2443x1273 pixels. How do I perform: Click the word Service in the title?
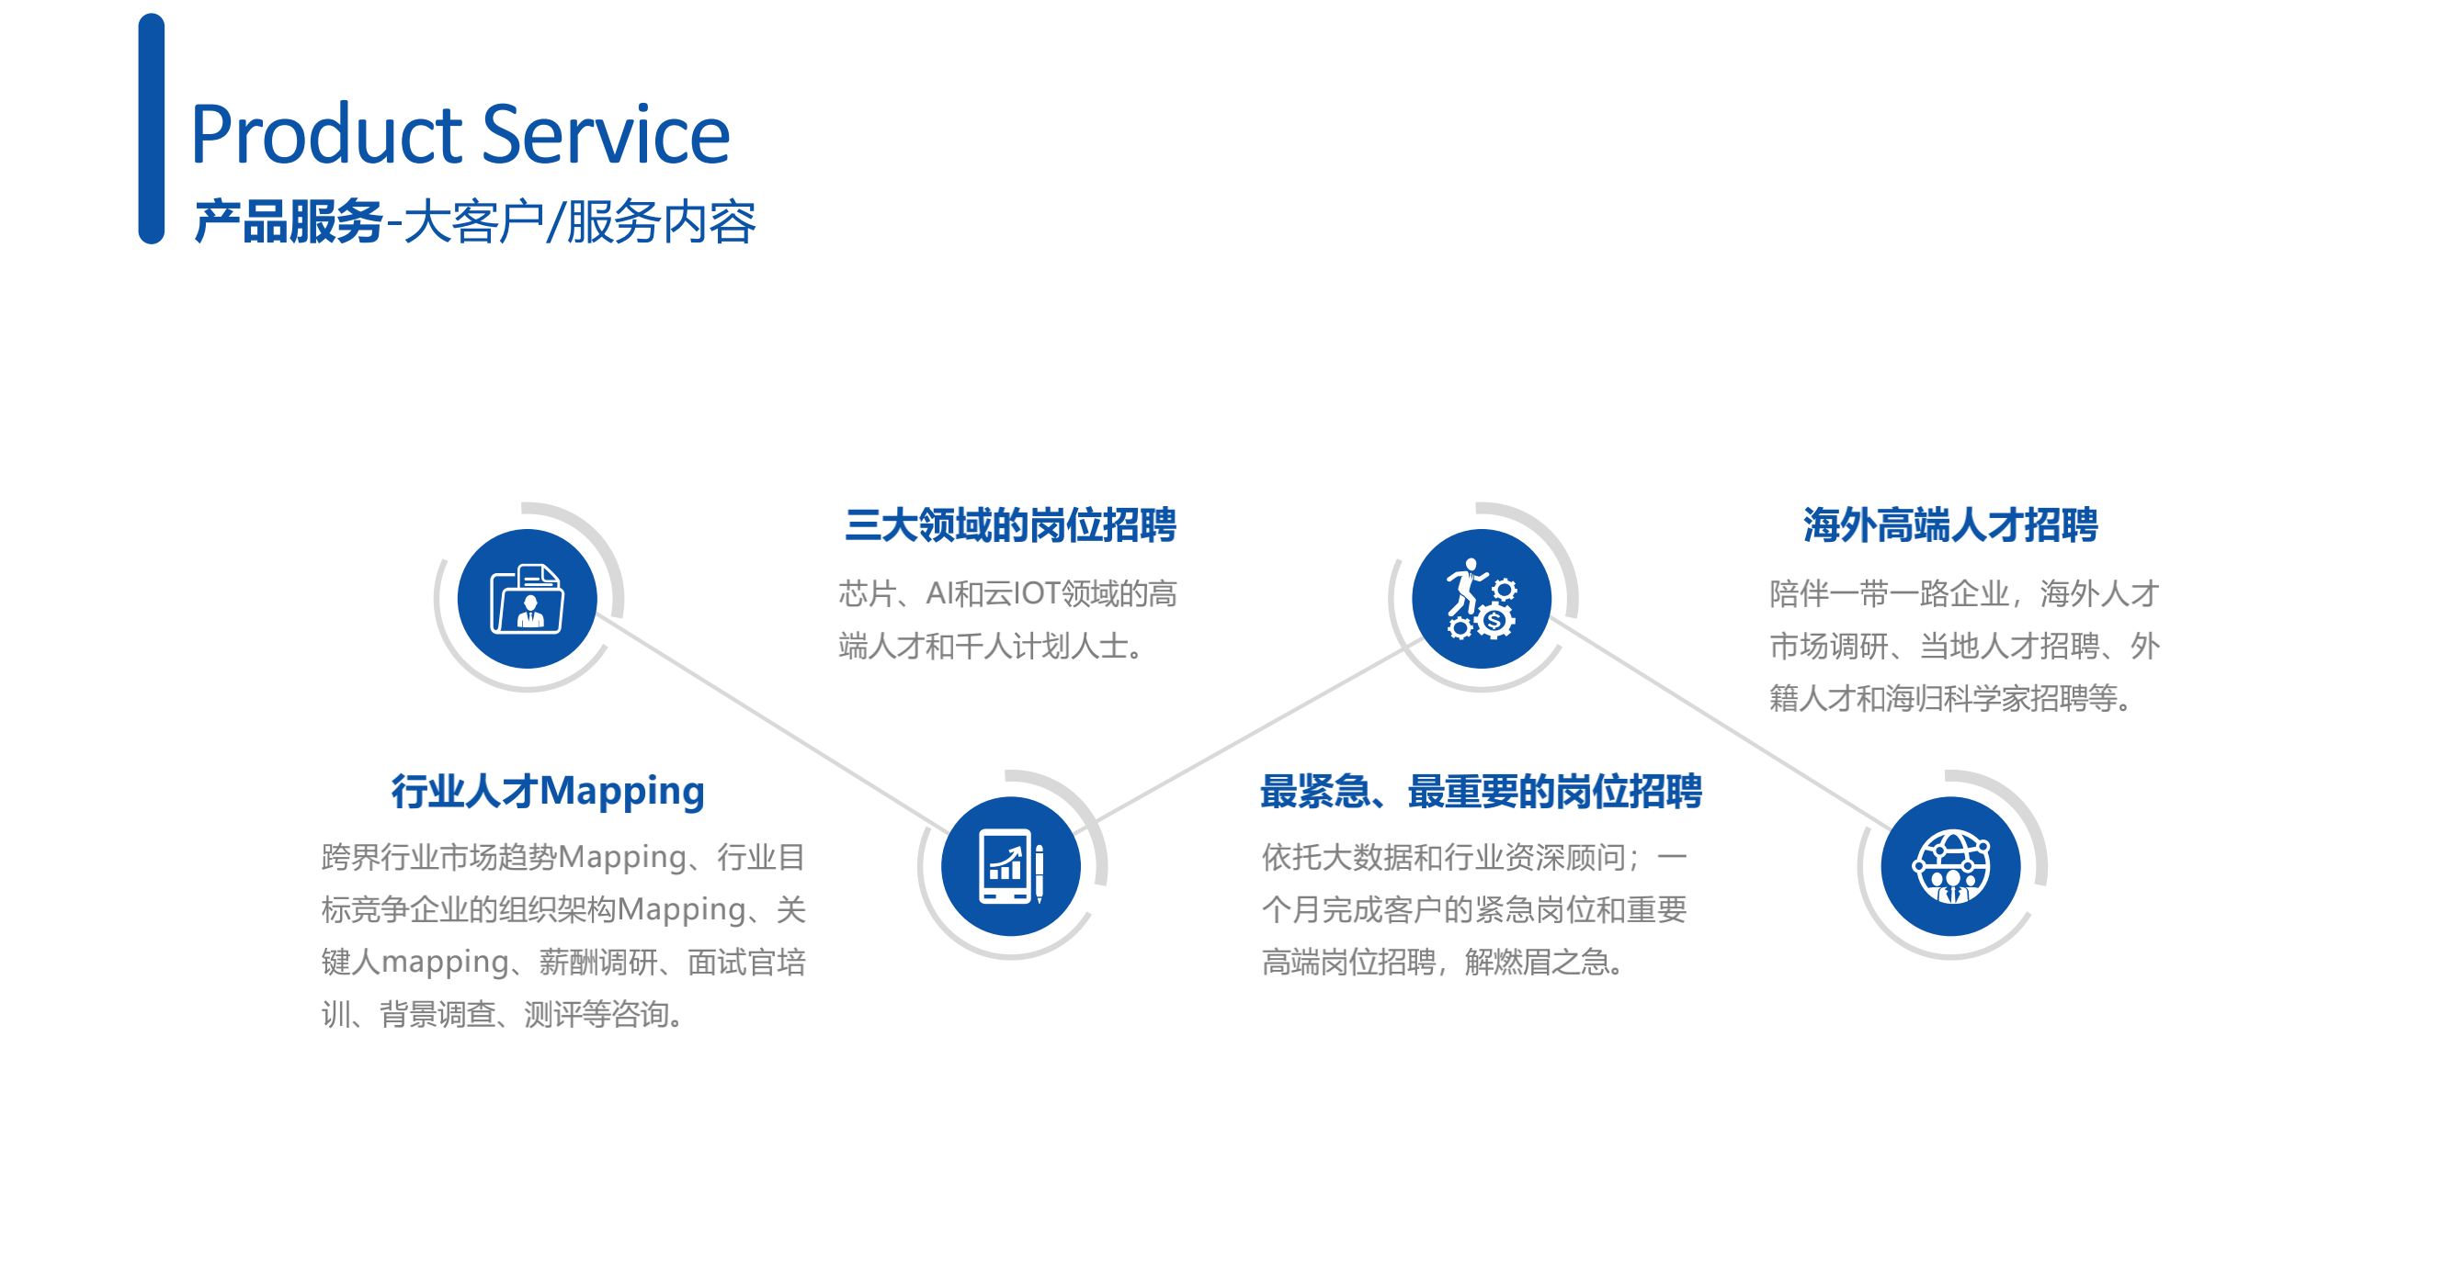point(606,135)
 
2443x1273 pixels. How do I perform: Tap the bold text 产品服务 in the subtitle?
point(289,223)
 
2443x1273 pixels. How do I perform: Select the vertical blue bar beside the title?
point(151,129)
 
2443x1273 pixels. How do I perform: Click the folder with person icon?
point(528,599)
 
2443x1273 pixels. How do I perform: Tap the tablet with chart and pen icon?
point(1011,866)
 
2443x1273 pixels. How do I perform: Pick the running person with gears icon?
point(1482,599)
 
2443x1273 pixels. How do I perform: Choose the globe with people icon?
point(1950,866)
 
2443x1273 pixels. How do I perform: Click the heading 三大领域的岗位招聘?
point(1010,525)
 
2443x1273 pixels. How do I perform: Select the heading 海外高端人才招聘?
point(1949,525)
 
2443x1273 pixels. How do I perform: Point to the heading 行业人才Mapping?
point(548,792)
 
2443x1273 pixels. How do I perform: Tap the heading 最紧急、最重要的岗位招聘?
point(1481,792)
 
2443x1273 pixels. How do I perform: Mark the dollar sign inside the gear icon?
point(1494,622)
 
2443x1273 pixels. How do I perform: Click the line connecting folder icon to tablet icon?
point(774,725)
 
